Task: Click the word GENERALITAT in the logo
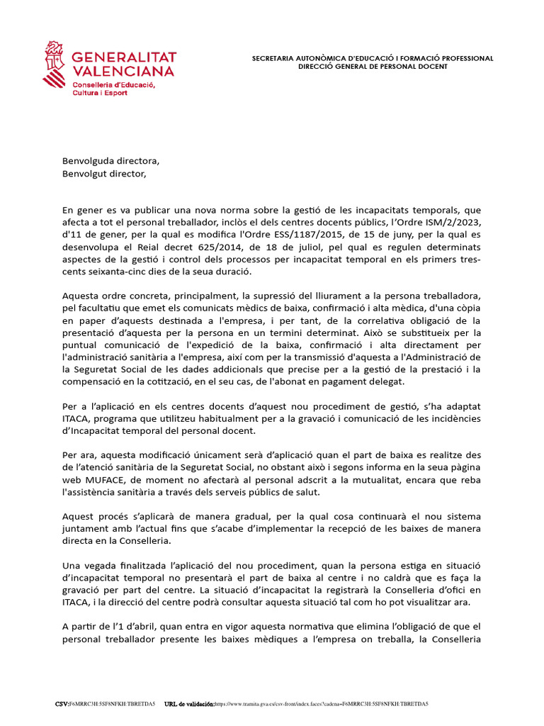[x=125, y=57]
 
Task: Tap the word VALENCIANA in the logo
[x=123, y=72]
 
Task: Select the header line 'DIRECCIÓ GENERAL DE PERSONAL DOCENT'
[x=373, y=66]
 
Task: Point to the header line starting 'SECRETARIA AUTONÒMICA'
[x=373, y=58]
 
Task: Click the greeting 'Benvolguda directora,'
[x=106, y=160]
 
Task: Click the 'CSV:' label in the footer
[x=62, y=704]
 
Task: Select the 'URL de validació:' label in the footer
[x=188, y=704]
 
